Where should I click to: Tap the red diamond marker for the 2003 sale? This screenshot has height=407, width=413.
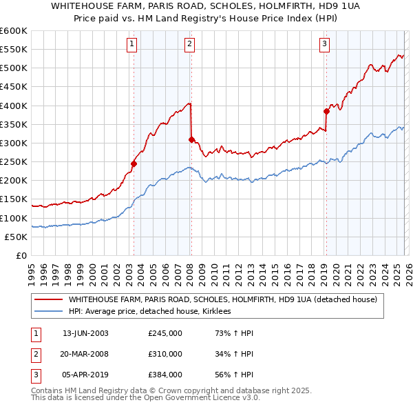click(134, 163)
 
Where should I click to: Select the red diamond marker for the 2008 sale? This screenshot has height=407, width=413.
click(191, 139)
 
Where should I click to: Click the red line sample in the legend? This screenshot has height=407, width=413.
click(49, 300)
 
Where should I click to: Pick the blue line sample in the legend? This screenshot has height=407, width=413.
click(49, 312)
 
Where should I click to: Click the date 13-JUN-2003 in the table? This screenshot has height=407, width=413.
click(85, 333)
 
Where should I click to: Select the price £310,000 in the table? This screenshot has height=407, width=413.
click(165, 354)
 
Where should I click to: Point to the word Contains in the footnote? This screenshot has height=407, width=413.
click(47, 391)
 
